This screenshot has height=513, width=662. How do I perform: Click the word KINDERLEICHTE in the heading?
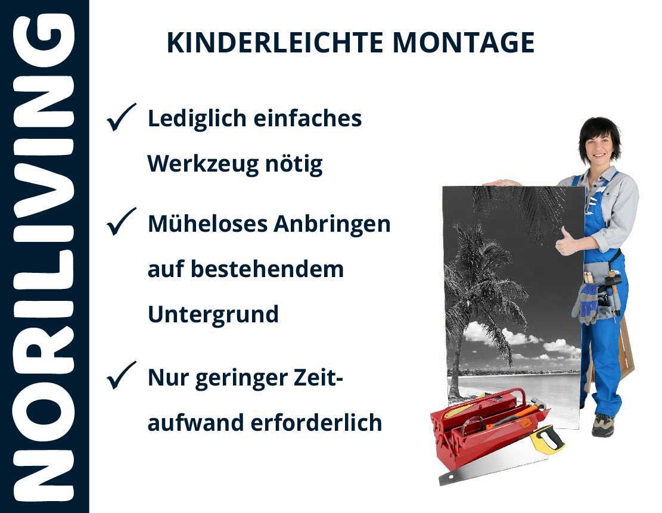(275, 42)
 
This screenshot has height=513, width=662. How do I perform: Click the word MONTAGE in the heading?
(464, 42)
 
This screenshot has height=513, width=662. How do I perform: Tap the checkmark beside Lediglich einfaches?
(121, 117)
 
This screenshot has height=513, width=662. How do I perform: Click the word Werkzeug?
(203, 164)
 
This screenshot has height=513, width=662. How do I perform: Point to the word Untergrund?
(213, 315)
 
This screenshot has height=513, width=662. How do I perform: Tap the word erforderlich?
(316, 422)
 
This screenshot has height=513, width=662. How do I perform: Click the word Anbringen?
(332, 225)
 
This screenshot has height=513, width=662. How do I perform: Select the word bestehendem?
(268, 269)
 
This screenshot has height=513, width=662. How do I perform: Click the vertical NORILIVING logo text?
(44, 257)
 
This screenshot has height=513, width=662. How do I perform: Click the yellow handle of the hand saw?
(547, 439)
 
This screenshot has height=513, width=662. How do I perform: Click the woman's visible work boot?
(603, 424)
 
